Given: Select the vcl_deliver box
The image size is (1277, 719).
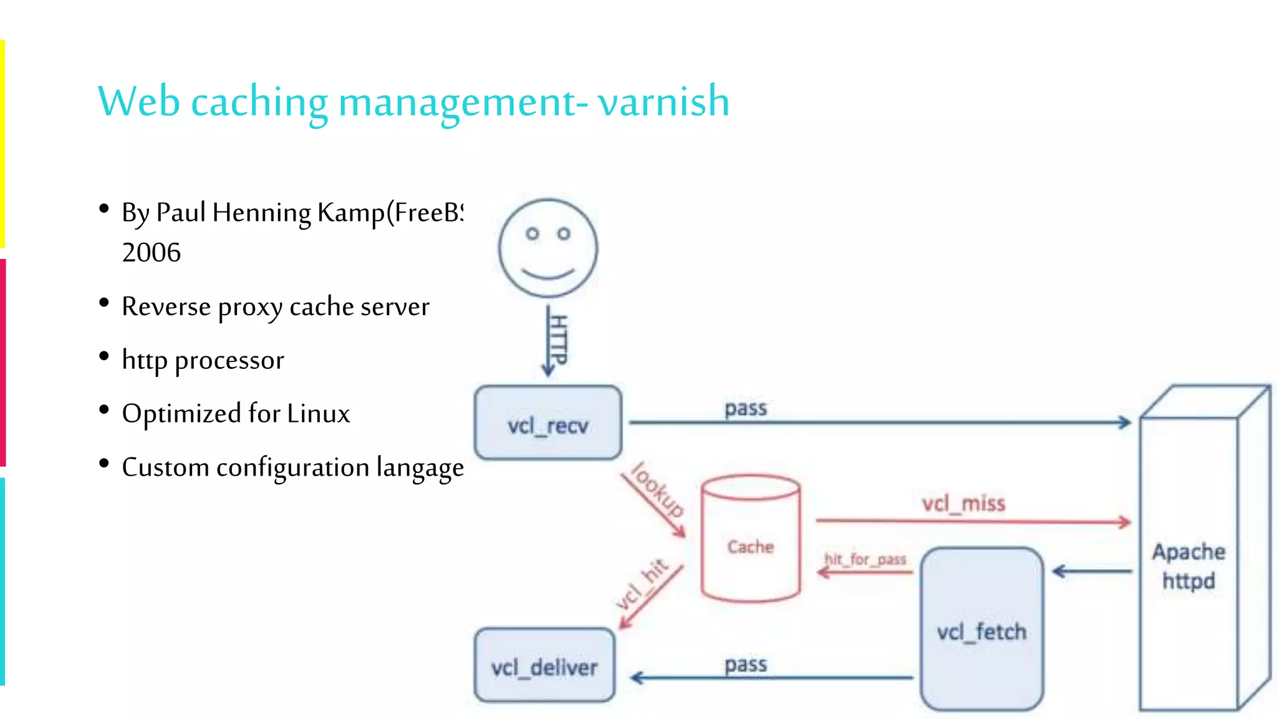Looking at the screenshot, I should coord(544,666).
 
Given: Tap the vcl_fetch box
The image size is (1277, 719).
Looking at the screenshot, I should coord(981,630).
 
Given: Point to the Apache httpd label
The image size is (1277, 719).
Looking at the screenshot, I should coord(1188,566).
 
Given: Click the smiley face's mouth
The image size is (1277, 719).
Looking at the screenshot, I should coord(547,273).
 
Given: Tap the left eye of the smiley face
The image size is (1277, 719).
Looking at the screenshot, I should coord(532,234).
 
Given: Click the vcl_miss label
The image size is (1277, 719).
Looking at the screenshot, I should coord(963,502).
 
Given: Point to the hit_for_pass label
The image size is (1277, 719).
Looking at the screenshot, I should coord(865,559).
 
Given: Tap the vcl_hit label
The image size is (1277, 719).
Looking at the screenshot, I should coord(642,584).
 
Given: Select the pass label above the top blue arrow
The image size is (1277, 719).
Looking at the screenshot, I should coord(745,408).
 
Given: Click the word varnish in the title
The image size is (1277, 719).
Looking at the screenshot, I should coord(663,101).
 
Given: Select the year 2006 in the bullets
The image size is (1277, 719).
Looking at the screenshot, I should coord(151,253).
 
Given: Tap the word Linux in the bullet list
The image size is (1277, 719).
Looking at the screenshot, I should coord(318,414).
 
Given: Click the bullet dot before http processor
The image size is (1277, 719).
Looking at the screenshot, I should coord(104,356).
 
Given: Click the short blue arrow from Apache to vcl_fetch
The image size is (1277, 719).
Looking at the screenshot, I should coord(1091,570).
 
